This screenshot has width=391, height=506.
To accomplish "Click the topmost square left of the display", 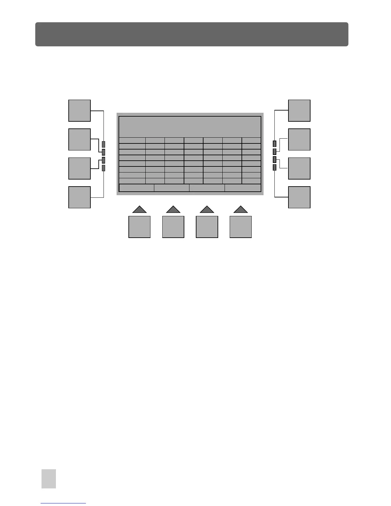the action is coord(80,111).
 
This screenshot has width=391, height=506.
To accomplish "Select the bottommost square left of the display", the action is coord(80,197).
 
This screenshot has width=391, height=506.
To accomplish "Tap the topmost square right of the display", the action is coord(299,111).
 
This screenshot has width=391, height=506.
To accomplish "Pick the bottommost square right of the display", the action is coord(299,197).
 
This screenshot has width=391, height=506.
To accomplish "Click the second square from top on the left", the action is coord(80,139).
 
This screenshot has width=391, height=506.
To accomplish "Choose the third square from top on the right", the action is coord(299,168).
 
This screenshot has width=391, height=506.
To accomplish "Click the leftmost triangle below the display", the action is coord(140,210).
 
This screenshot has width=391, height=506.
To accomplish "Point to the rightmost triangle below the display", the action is coord(241,210).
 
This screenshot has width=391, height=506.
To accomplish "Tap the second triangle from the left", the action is coord(173,210).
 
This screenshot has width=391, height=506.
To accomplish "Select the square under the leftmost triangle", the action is coord(139,227).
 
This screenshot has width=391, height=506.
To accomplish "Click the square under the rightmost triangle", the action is coord(241,227).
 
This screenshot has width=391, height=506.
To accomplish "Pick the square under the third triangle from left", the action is coord(207,227).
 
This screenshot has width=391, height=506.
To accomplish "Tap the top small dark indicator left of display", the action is coord(103,144).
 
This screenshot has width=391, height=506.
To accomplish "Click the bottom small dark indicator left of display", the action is coord(103,168).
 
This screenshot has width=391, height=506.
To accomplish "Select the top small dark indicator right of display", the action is coord(274,143).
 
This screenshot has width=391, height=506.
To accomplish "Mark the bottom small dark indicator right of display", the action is coord(274,167).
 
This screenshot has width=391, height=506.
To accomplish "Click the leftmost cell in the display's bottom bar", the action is coord(137,188).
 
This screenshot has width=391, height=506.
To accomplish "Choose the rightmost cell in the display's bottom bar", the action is coord(243,188).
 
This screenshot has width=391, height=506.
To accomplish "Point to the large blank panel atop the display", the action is coord(190,127).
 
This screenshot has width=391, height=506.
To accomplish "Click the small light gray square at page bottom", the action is coord(49,479).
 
